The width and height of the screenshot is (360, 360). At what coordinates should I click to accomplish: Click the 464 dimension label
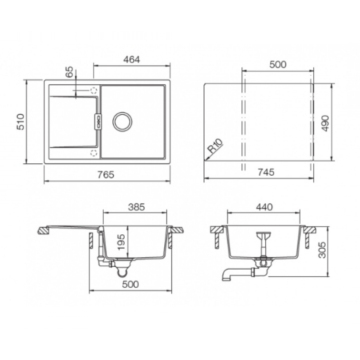131,60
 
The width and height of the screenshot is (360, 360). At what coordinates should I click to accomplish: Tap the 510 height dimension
21,122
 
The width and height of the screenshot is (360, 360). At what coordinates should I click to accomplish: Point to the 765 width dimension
105,175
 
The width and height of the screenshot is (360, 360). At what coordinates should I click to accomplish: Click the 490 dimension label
325,123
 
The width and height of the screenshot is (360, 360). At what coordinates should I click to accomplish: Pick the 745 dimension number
266,172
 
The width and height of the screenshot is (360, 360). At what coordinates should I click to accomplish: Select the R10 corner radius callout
215,146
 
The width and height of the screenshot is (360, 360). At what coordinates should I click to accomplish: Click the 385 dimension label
136,207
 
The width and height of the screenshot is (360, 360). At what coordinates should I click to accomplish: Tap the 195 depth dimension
121,242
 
